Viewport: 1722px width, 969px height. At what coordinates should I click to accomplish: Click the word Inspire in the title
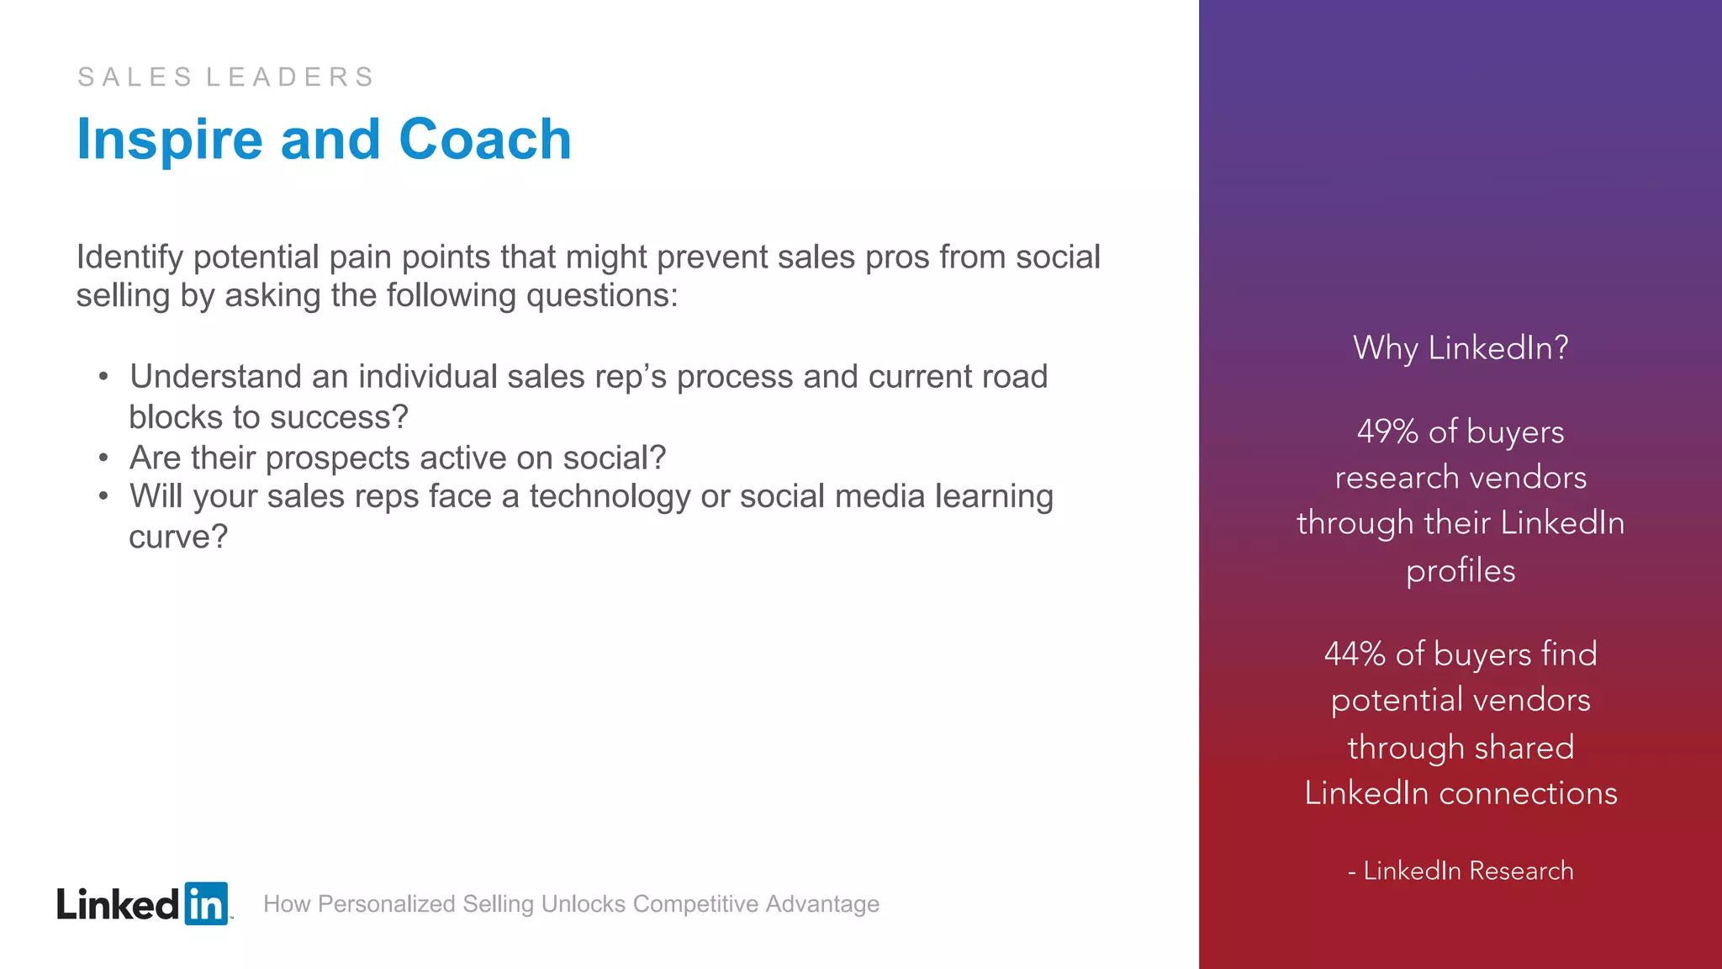tap(169, 140)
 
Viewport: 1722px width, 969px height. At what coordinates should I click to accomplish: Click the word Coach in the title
tap(484, 140)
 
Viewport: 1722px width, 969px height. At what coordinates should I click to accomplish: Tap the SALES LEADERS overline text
tap(225, 77)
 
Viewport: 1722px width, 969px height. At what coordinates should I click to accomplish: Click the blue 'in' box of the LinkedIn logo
tap(206, 904)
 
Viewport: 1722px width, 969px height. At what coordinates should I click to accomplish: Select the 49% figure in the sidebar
tap(1387, 432)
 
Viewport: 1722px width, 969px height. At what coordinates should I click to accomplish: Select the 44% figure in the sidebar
tap(1355, 654)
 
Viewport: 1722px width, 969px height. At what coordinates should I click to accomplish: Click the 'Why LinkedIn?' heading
tap(1461, 348)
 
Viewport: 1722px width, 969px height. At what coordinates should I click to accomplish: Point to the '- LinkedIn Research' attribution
tap(1461, 871)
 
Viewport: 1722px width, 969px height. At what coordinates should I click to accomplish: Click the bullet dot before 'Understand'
tap(103, 378)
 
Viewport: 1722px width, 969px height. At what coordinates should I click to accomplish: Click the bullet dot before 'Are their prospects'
tap(103, 458)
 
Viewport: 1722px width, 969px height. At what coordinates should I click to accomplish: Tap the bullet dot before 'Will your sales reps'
tap(103, 497)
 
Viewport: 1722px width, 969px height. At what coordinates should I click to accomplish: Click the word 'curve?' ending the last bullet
tap(178, 537)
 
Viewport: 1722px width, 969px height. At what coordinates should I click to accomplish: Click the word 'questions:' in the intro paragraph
tap(602, 296)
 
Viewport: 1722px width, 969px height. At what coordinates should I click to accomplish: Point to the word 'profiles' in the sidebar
tap(1461, 571)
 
